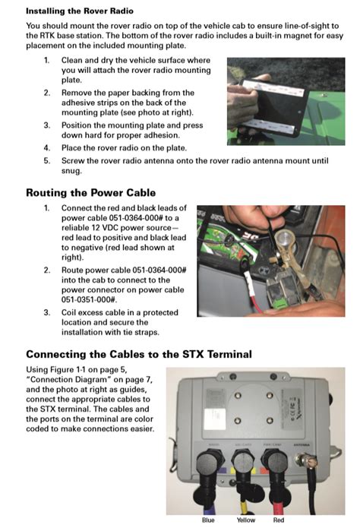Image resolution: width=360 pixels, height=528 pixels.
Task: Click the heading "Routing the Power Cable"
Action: (x=91, y=192)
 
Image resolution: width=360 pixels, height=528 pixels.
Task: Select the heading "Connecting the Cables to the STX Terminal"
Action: (x=138, y=354)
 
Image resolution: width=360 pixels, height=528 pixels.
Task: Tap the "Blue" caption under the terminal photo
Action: (x=208, y=520)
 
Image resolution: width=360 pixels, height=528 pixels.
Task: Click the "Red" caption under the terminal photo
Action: (x=279, y=520)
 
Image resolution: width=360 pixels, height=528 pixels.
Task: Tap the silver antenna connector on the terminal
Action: (x=308, y=460)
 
